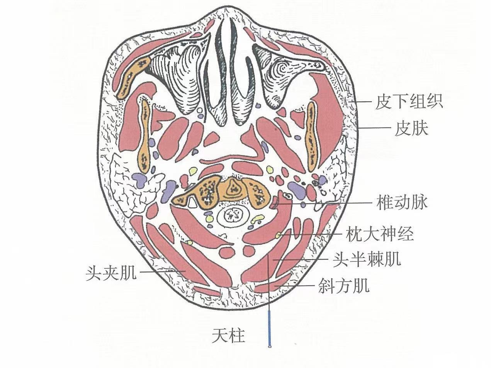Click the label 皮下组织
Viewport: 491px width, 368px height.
coord(409,102)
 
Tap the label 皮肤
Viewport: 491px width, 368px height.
coord(411,129)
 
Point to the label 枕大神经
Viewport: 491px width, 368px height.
coord(380,234)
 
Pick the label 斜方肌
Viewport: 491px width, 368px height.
coord(343,286)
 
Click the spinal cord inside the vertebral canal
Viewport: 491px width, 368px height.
coord(233,215)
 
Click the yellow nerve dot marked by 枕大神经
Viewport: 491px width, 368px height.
coord(279,234)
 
